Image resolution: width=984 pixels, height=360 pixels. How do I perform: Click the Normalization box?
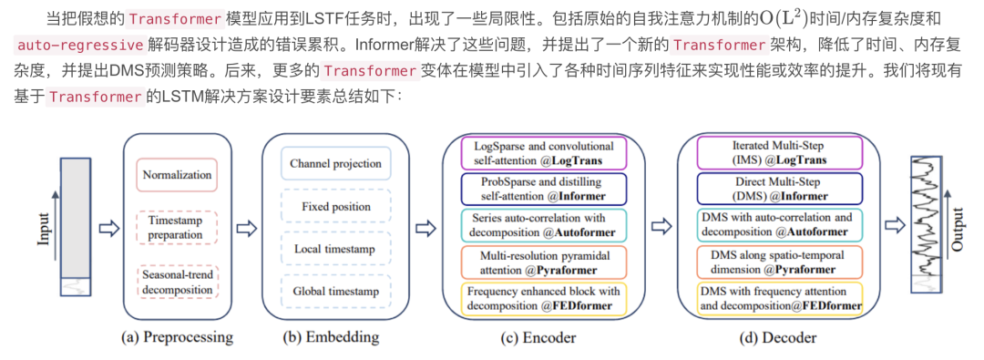click(178, 175)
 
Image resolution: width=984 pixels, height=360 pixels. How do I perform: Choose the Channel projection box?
click(334, 165)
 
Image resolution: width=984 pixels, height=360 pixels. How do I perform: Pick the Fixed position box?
click(334, 207)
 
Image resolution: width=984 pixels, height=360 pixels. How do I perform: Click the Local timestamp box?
click(334, 249)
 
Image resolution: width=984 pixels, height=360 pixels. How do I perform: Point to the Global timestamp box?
click(334, 291)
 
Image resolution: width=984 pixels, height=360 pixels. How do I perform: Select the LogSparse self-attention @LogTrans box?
click(544, 153)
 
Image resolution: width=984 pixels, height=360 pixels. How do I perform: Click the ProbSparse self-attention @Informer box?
click(544, 189)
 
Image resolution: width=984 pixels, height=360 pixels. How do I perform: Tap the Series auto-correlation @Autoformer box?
click(544, 225)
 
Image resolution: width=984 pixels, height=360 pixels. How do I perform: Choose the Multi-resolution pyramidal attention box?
click(544, 262)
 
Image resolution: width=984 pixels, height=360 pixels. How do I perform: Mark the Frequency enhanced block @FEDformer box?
click(544, 299)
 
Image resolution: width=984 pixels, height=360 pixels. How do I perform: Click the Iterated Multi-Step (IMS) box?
click(779, 153)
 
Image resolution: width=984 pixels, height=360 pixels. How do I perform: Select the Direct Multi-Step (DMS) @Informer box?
click(779, 189)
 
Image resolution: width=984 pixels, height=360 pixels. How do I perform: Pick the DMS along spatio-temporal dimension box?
click(779, 262)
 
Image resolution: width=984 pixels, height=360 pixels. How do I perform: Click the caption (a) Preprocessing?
click(177, 337)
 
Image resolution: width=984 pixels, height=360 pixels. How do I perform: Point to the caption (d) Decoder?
click(778, 337)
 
